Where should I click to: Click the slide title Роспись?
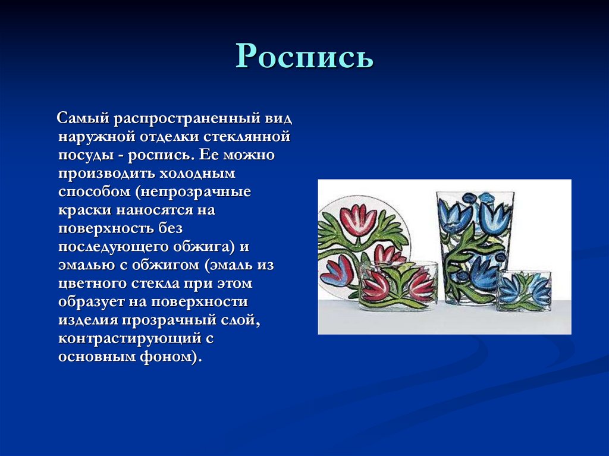(x=304, y=56)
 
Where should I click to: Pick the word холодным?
(x=197, y=174)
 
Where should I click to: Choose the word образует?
(x=88, y=302)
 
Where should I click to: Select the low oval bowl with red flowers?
(x=397, y=285)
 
